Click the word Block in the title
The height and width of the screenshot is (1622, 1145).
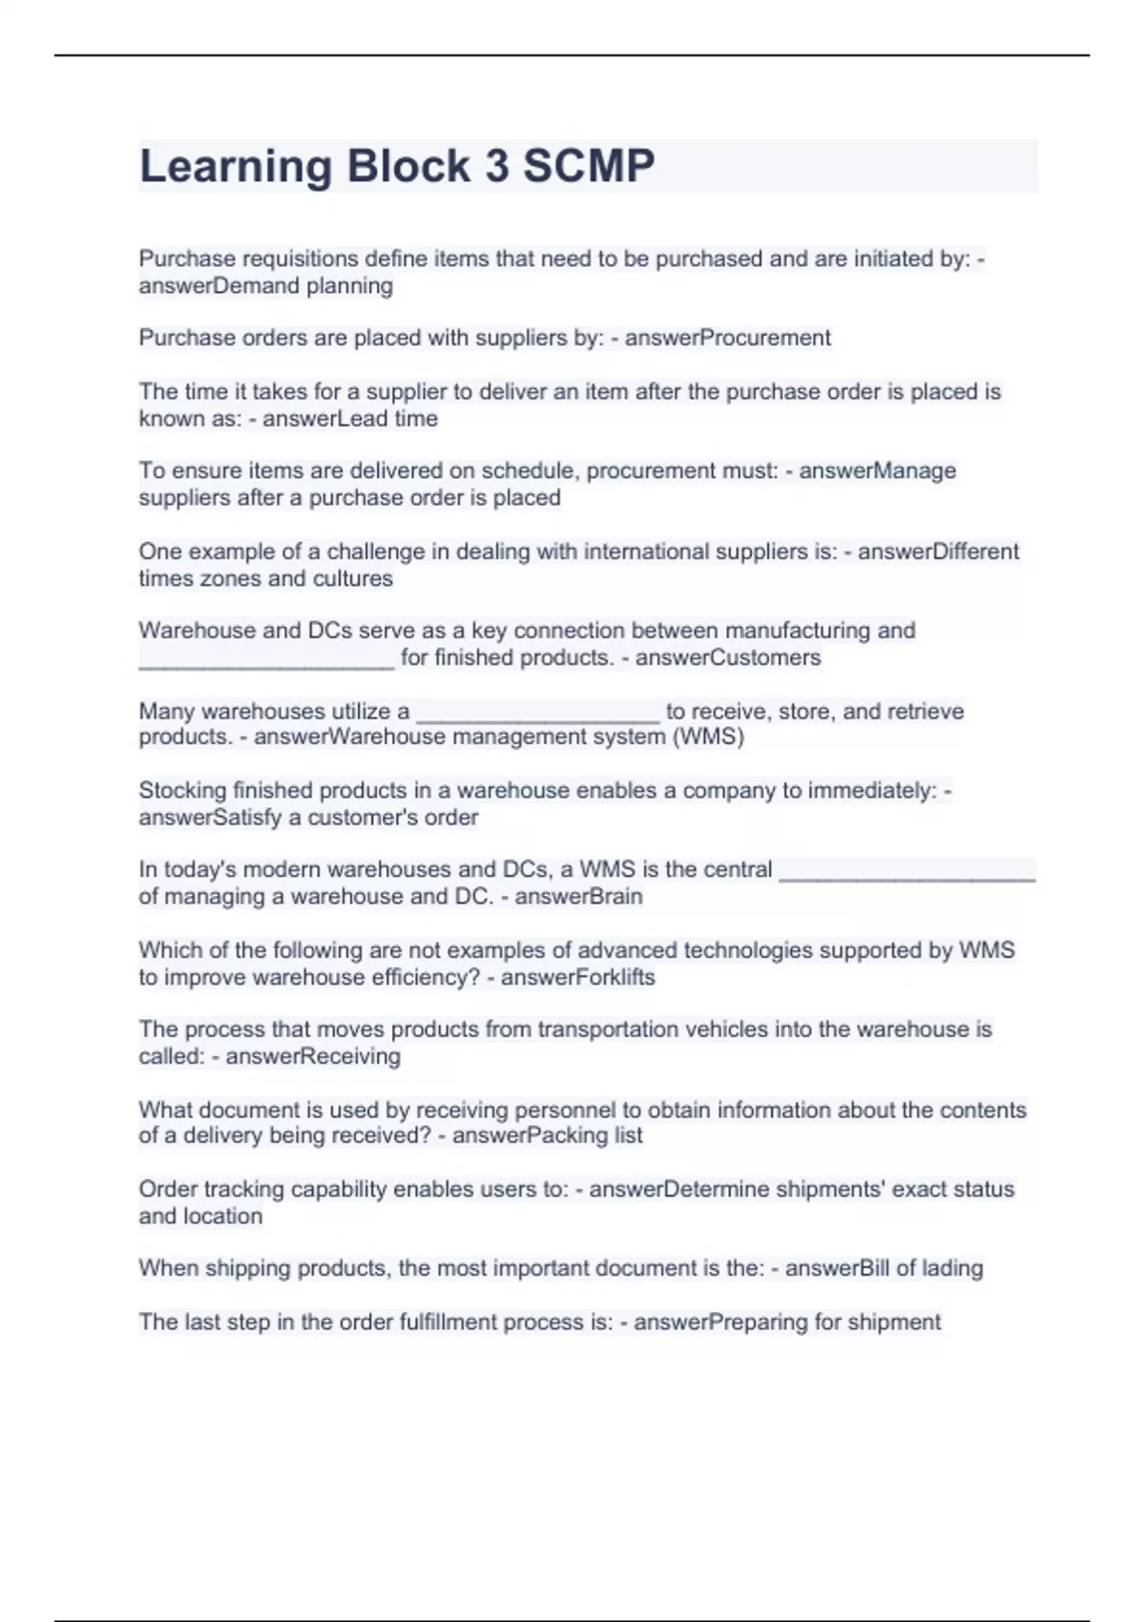[408, 166]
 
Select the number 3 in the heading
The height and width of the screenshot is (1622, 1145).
[496, 166]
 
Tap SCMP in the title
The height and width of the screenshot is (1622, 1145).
[589, 166]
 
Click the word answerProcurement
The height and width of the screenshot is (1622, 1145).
[727, 338]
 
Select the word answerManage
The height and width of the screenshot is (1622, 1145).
[877, 470]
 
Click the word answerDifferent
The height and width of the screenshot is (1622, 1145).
[938, 551]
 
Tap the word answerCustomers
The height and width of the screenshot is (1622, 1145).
[727, 657]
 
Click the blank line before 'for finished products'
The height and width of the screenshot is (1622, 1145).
[266, 660]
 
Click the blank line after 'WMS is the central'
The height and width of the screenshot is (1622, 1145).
[906, 872]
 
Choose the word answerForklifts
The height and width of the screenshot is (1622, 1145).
[577, 977]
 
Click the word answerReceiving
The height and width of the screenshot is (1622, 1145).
[313, 1056]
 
